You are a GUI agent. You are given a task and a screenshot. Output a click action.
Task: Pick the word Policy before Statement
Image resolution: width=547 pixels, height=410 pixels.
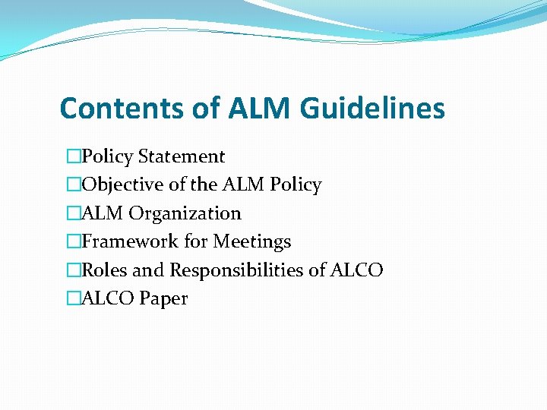[107, 156]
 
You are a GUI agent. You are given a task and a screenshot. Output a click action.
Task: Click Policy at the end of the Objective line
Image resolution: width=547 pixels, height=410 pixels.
[296, 184]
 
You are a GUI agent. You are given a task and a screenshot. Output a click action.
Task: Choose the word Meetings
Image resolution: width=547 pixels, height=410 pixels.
[251, 241]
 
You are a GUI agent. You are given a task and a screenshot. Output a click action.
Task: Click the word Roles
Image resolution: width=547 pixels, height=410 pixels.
[103, 270]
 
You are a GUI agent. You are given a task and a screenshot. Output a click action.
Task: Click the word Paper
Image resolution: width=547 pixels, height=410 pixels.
[163, 298]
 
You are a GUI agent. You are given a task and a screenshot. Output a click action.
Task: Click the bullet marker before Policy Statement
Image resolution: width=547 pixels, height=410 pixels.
[73, 156]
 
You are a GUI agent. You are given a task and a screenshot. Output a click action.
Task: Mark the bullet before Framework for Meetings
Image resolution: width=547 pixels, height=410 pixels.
[73, 241]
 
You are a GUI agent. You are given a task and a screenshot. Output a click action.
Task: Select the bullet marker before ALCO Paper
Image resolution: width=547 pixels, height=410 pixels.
[73, 298]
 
